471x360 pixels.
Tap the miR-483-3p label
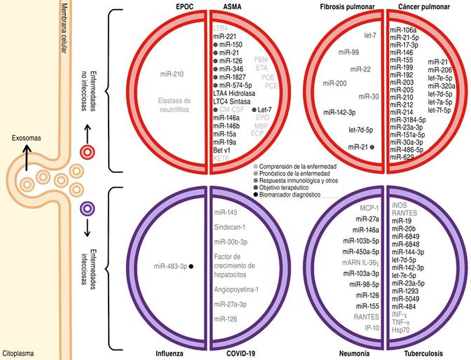point(169,265)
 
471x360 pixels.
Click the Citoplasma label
point(20,354)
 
